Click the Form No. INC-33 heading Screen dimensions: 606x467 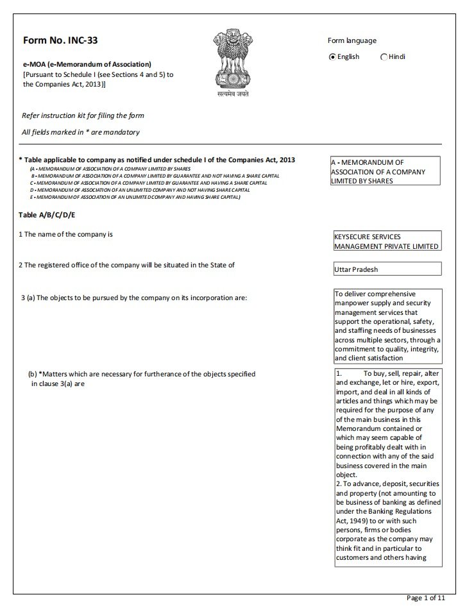pos(60,40)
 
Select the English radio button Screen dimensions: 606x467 pos(332,57)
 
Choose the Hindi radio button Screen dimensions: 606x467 pos(384,57)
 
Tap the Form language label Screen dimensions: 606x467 pos(352,41)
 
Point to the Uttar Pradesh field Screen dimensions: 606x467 pos(387,269)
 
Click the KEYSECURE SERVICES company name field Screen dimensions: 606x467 pos(387,241)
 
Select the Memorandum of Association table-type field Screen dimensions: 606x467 pos(385,172)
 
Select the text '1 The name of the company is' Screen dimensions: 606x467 pos(65,234)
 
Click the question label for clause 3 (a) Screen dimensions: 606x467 pos(134,298)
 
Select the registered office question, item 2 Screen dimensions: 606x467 pos(125,265)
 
